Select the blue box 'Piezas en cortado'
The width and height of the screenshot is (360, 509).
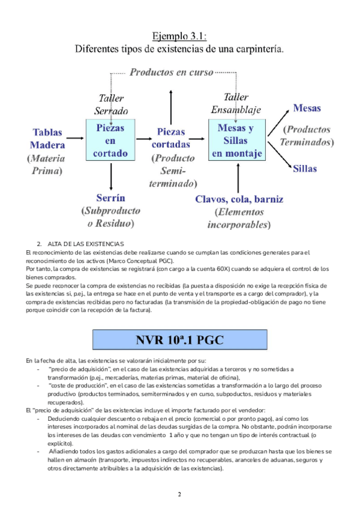(111, 140)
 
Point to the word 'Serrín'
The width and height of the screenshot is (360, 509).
(110, 197)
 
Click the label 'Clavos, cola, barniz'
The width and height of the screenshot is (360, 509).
(239, 199)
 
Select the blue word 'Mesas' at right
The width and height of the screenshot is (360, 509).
(307, 109)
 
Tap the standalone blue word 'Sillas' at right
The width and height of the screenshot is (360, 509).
(305, 169)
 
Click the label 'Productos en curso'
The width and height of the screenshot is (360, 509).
(172, 73)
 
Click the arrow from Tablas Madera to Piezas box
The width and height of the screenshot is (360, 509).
(74, 139)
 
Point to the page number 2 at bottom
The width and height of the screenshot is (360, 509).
(179, 494)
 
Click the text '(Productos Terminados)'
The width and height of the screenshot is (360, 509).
(307, 136)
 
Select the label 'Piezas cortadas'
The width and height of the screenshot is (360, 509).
(171, 138)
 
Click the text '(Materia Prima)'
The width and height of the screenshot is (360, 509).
(46, 164)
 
